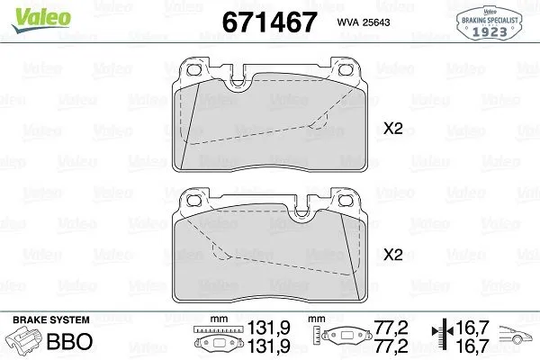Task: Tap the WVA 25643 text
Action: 358,22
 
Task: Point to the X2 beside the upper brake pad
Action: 392,130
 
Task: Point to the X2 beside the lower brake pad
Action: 392,255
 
